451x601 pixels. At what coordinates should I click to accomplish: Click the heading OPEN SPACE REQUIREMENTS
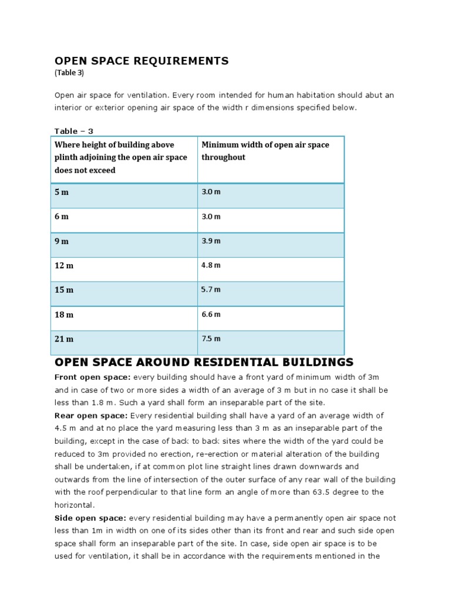(142, 61)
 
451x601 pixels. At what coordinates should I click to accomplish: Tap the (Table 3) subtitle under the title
(69, 73)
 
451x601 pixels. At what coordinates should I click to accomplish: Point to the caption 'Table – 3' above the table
(74, 131)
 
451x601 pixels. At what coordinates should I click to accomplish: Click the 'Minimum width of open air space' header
(265, 151)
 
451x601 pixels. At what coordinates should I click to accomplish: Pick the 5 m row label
(62, 193)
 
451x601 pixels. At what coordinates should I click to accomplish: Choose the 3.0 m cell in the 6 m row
(211, 217)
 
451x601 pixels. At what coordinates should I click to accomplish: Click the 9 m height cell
(62, 241)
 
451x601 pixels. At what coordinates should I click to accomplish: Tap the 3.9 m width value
(211, 241)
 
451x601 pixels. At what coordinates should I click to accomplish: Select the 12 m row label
(64, 266)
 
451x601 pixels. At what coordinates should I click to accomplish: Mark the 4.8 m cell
(211, 265)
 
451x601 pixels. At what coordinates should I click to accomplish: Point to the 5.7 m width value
(211, 290)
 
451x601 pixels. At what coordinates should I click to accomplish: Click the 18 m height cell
(64, 315)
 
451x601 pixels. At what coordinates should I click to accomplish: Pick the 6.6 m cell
(211, 315)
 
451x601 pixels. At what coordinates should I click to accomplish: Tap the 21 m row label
(64, 339)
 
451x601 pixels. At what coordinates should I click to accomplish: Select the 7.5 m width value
(211, 339)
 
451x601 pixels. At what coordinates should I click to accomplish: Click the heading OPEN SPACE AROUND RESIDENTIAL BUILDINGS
(204, 362)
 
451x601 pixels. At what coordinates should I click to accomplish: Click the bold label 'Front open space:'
(93, 377)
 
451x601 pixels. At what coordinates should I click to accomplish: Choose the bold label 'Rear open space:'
(90, 416)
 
